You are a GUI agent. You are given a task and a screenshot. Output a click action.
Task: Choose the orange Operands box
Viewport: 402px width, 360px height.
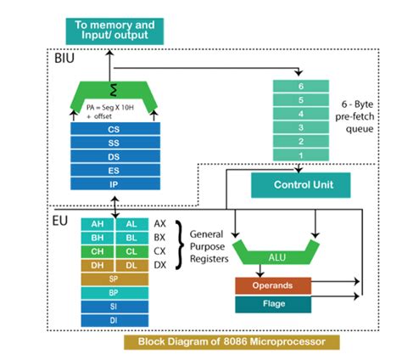(x=273, y=286)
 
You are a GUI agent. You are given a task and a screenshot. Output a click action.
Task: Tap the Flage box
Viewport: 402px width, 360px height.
(x=273, y=302)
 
